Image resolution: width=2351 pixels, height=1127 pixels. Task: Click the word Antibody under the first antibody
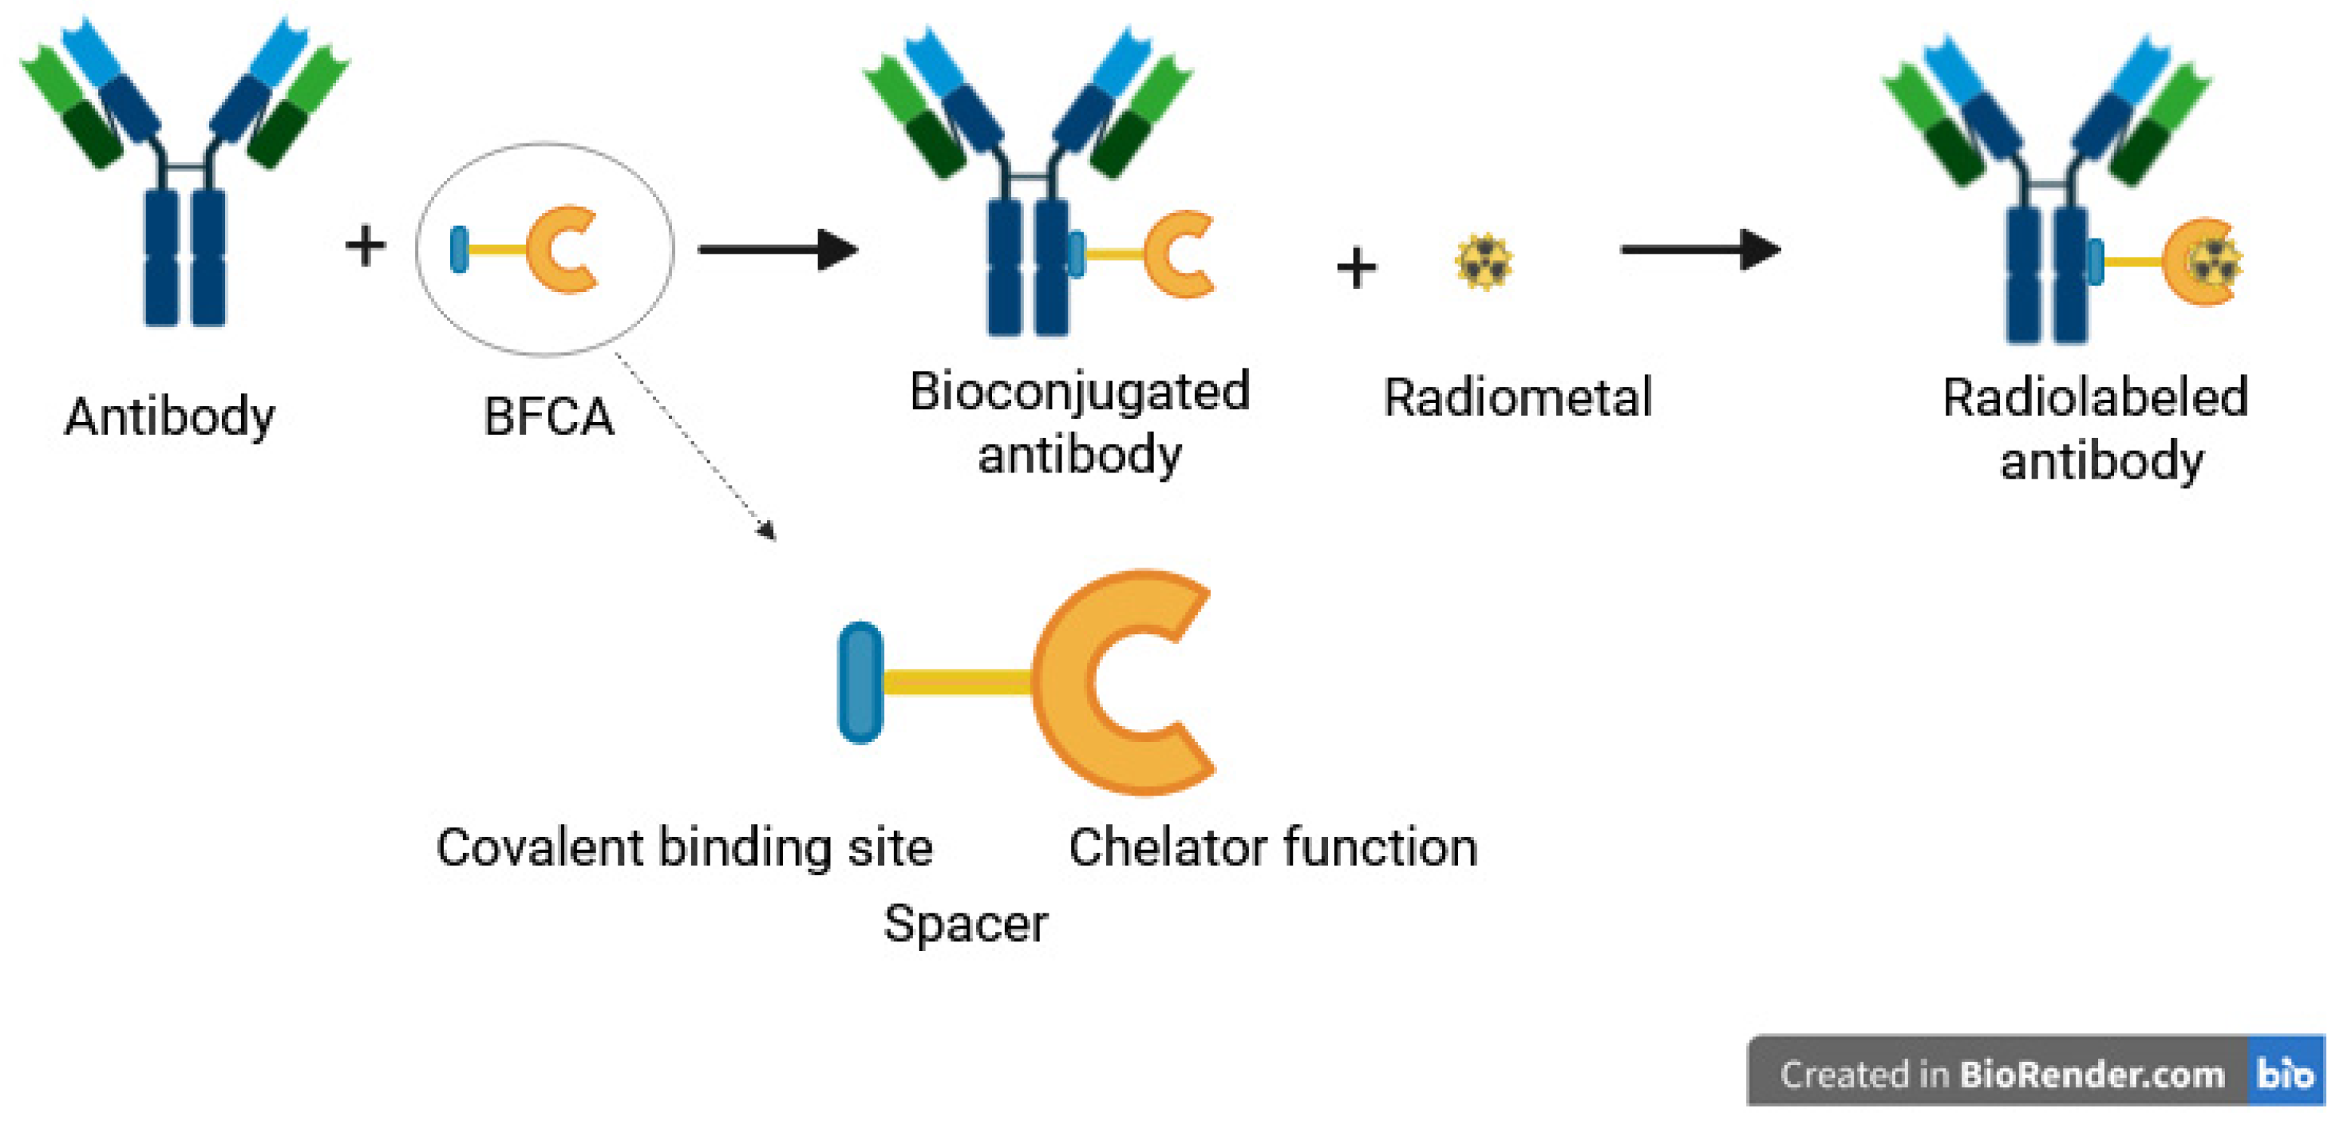pos(169,417)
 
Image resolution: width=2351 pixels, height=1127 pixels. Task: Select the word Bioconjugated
pos(1079,393)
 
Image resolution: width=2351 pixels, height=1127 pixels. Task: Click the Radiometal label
pos(1517,398)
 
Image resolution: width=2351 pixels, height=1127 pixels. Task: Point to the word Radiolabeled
pos(2094,398)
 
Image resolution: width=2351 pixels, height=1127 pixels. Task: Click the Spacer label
pos(965,923)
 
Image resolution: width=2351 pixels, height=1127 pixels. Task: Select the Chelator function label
pos(1272,847)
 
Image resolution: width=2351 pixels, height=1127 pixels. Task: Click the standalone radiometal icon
pos(1483,263)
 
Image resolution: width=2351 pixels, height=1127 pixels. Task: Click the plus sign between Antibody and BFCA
pos(365,246)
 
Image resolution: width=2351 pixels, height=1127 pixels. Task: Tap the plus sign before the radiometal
pos(1356,268)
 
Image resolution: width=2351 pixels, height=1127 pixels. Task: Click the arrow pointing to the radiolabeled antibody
pos(1699,249)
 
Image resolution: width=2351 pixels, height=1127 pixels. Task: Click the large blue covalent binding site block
pos(860,682)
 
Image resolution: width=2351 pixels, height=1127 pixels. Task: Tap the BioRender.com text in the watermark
pos(2092,1074)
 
